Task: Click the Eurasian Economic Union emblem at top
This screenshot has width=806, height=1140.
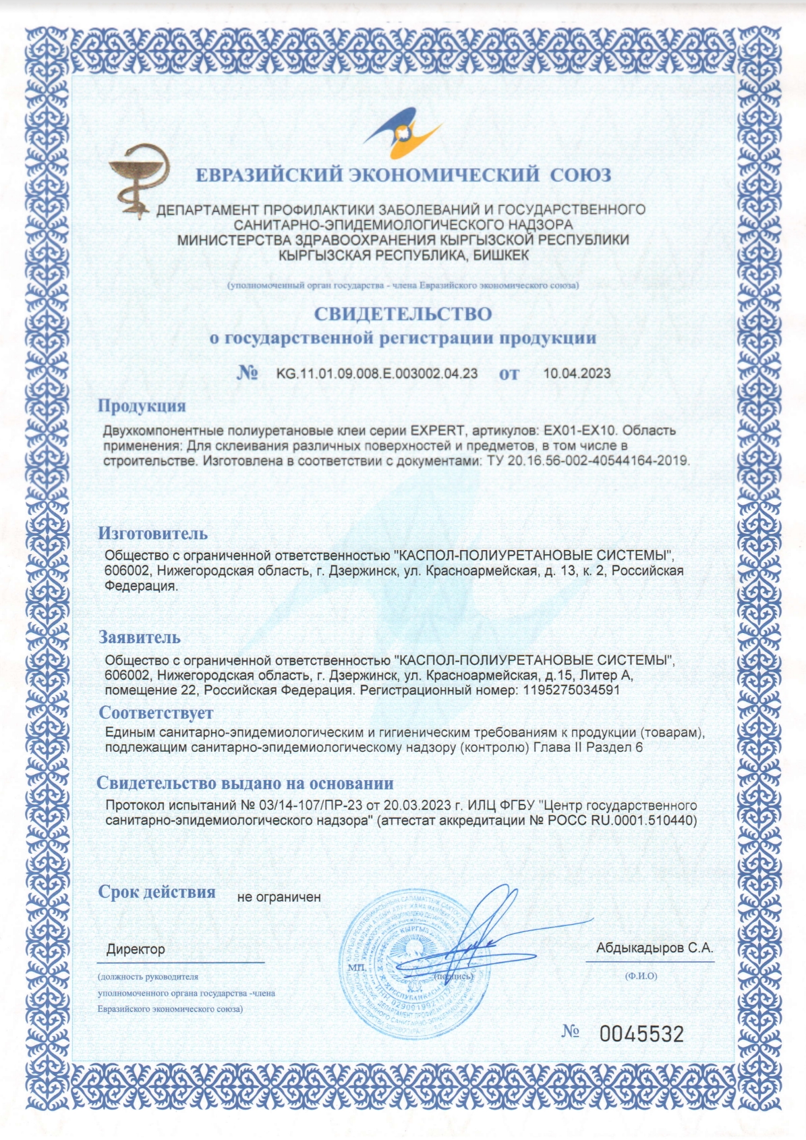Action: click(x=403, y=133)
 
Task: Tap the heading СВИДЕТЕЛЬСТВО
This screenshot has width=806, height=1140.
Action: click(x=403, y=314)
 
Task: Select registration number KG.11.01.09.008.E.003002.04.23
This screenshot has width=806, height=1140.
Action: click(x=377, y=373)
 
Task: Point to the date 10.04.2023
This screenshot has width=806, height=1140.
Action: click(x=577, y=373)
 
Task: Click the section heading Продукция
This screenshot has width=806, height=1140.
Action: click(x=142, y=406)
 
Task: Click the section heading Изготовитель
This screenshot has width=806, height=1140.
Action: click(x=152, y=533)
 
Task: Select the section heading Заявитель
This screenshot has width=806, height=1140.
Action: click(x=140, y=636)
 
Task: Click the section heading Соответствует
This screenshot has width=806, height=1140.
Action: click(x=156, y=713)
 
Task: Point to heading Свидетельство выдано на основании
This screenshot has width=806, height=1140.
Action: click(x=245, y=783)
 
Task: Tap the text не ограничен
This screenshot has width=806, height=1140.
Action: click(x=279, y=897)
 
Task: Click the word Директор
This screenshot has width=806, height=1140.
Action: click(x=136, y=950)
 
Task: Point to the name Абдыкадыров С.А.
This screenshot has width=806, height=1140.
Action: click(x=654, y=948)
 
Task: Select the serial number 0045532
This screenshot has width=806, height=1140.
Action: click(x=641, y=1034)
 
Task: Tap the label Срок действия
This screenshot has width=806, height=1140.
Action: click(x=157, y=892)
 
